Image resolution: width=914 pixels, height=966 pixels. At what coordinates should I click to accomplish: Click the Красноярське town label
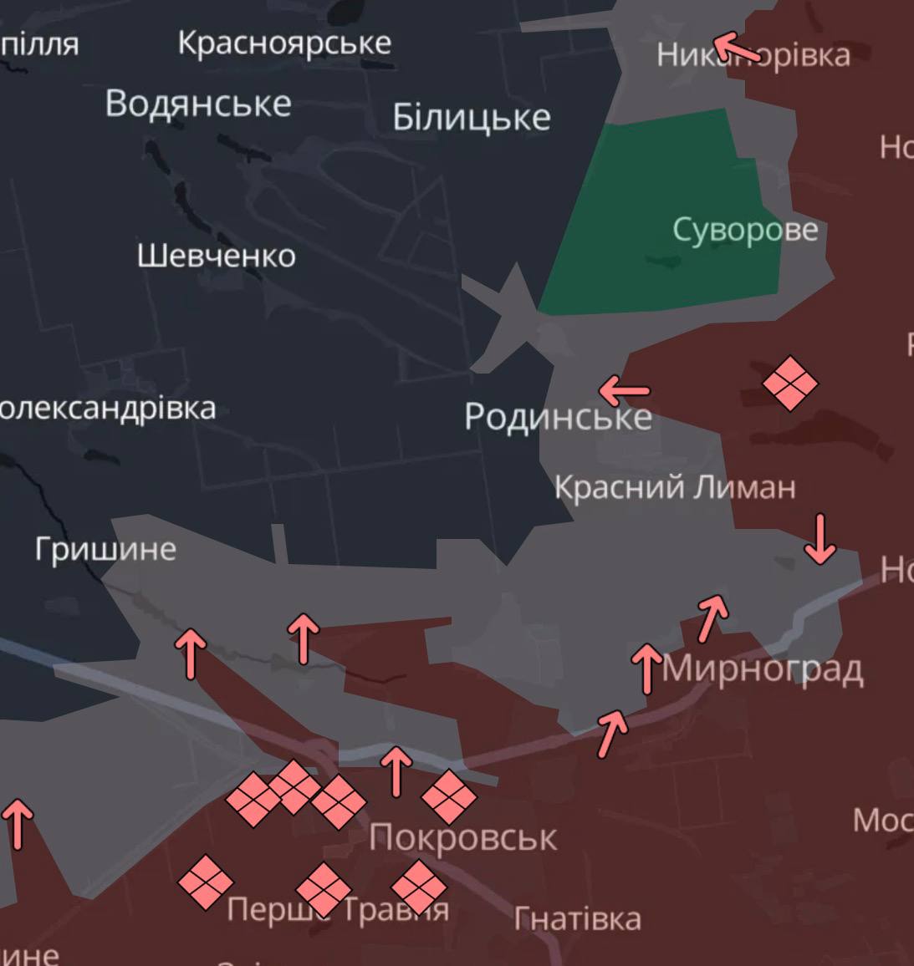[x=284, y=43]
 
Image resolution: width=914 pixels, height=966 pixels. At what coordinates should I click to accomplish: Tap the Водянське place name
[x=198, y=104]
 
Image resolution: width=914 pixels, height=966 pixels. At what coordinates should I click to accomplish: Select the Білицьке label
[x=472, y=118]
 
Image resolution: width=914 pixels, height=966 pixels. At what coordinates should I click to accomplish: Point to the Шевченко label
[x=216, y=256]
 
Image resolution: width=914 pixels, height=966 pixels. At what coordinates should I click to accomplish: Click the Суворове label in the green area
[x=745, y=230]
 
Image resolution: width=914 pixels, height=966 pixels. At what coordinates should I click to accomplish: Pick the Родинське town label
[x=558, y=416]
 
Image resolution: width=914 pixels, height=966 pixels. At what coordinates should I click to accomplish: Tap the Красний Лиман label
[x=675, y=487]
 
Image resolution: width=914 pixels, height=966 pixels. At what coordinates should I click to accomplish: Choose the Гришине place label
[x=105, y=549]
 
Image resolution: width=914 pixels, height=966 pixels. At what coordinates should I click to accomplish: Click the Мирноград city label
[x=763, y=669]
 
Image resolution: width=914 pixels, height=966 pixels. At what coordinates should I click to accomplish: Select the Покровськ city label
[x=462, y=837]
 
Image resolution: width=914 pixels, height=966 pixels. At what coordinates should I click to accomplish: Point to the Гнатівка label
[x=577, y=919]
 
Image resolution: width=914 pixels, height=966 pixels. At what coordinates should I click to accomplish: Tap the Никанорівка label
[x=753, y=55]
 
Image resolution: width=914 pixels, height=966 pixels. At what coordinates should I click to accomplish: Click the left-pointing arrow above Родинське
[x=625, y=389]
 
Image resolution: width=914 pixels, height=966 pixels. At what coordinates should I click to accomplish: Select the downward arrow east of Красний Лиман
[x=820, y=539]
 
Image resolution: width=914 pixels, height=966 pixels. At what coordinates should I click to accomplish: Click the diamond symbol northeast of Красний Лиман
[x=789, y=384]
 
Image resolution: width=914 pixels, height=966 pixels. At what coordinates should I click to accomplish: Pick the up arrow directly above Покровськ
[x=396, y=770]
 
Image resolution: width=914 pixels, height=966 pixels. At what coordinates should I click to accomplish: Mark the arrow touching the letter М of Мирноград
[x=646, y=669]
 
